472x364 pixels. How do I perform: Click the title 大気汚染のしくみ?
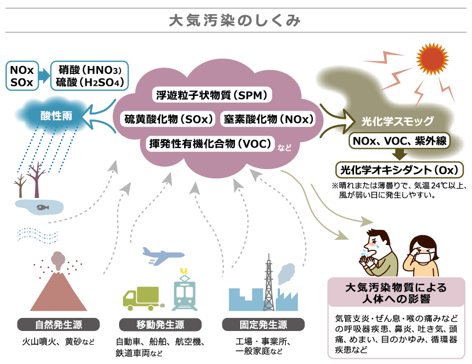click(x=235, y=21)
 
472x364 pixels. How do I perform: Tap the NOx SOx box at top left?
click(x=22, y=76)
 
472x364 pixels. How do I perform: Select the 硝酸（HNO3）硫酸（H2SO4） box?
click(x=90, y=76)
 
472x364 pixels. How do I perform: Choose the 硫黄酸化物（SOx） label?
click(x=169, y=119)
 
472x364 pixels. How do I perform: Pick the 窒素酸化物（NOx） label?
click(x=267, y=119)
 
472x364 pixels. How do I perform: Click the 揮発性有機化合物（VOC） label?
click(x=209, y=143)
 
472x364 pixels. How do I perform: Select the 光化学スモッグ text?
click(x=398, y=122)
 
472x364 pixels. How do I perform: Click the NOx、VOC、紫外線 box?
click(x=399, y=141)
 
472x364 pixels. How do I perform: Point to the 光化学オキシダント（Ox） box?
click(x=400, y=170)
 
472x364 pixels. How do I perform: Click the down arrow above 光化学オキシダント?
click(x=399, y=155)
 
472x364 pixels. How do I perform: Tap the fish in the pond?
click(x=40, y=207)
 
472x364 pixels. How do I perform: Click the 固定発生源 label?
click(x=256, y=324)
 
